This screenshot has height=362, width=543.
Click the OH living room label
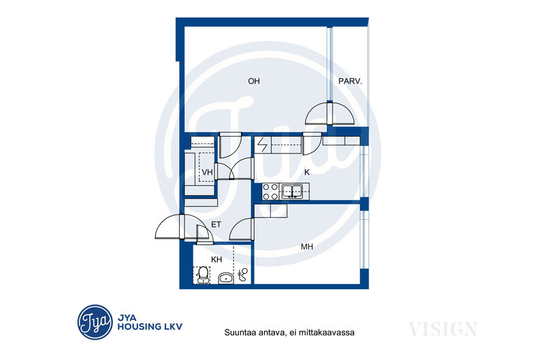(x=254, y=81)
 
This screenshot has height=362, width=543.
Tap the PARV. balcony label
(x=350, y=82)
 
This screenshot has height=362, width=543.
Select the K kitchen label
(x=307, y=172)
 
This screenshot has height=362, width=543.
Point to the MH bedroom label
(x=307, y=247)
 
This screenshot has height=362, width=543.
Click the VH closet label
(x=207, y=172)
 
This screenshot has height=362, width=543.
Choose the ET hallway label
(x=216, y=225)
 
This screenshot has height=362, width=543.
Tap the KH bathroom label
(x=217, y=259)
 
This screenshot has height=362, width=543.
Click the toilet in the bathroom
(x=202, y=275)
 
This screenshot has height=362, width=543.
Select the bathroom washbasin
(x=226, y=278)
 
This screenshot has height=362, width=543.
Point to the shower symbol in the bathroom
(x=244, y=274)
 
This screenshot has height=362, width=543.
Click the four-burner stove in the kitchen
(x=270, y=192)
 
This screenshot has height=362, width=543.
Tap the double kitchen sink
(x=293, y=192)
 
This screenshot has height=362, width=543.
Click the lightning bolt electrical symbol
(x=263, y=145)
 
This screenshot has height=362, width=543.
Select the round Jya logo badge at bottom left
(x=95, y=322)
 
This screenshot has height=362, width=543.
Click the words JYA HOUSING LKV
(x=150, y=322)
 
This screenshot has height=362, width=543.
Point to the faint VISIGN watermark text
(x=443, y=329)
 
